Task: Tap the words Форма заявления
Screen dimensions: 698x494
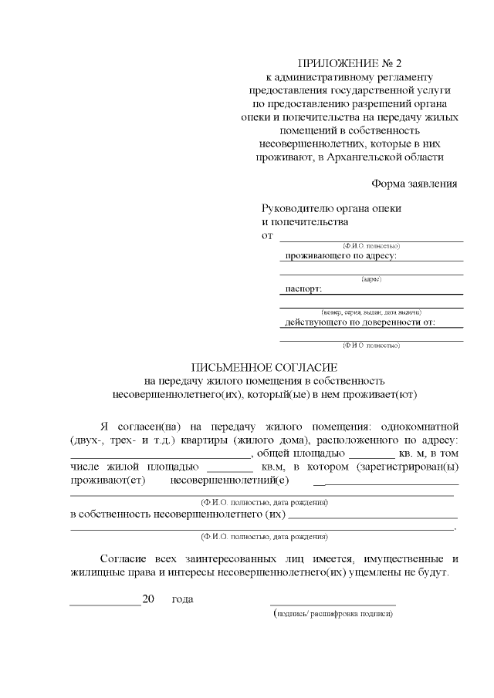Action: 414,184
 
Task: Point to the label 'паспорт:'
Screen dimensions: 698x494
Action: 303,288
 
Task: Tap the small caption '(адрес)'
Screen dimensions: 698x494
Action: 371,278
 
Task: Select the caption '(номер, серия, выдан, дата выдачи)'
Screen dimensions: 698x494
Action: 371,312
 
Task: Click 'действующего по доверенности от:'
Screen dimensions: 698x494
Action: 360,322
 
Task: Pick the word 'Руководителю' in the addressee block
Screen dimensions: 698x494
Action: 297,208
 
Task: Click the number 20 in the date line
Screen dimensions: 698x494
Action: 149,599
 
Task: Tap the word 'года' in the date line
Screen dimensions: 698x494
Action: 182,599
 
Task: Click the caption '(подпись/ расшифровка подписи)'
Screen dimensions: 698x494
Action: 333,615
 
